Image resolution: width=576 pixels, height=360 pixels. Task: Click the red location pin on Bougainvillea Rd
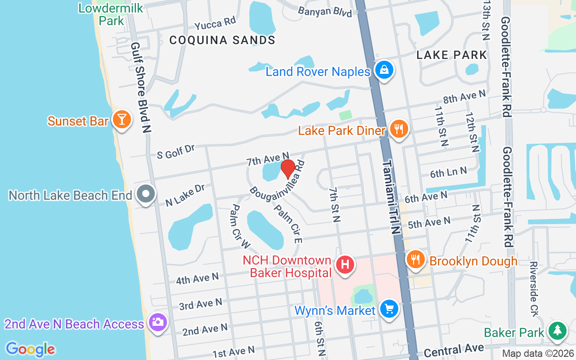288,169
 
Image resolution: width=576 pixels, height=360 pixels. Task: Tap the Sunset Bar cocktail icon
121,120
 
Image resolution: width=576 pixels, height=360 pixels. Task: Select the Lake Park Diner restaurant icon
398,129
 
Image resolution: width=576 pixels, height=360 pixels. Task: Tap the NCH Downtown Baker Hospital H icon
345,264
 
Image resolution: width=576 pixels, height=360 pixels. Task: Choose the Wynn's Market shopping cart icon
389,309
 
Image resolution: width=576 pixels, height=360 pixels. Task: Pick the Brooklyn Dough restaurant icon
415,260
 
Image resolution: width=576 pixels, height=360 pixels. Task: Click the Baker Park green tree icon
558,331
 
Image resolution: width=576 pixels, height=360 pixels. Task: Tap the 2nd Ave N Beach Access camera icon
157,322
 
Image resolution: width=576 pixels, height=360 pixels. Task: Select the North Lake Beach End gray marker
146,194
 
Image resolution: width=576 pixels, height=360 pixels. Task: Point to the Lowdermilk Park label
111,14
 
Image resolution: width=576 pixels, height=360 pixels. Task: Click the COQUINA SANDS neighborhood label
222,40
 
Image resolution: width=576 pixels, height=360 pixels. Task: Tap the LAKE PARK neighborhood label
452,55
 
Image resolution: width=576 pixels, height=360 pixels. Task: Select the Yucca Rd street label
215,22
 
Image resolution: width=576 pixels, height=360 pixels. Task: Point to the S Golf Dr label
175,152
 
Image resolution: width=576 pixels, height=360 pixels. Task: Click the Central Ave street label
454,350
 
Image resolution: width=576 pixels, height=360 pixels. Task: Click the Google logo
30,349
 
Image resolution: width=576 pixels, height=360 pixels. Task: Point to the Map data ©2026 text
538,354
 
